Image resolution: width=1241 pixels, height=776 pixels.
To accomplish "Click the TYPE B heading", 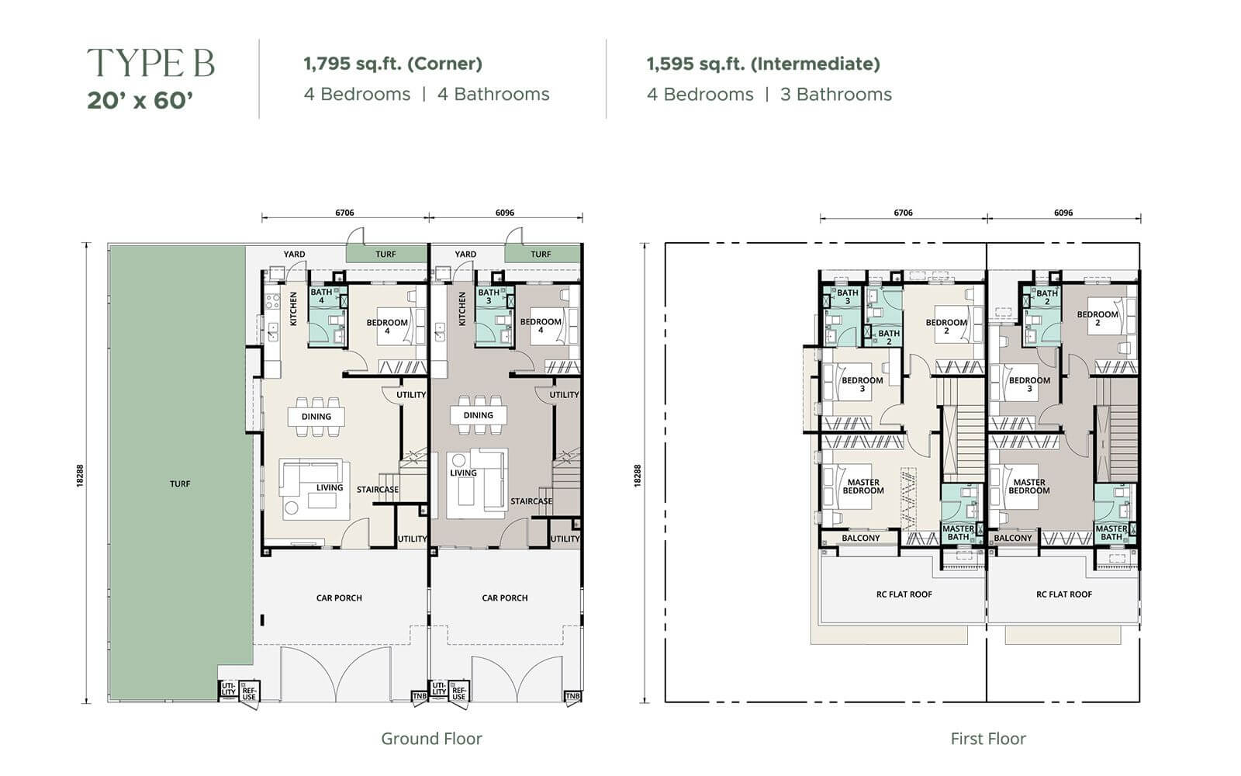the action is [150, 63].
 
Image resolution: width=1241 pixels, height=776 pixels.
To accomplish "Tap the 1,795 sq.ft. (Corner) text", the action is [392, 64].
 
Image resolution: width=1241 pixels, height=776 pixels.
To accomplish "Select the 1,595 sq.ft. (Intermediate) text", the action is [763, 64].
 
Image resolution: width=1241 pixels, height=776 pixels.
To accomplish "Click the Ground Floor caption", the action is [431, 738].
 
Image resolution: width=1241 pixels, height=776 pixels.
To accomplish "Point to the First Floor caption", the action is [988, 738].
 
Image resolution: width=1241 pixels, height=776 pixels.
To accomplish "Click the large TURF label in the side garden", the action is [180, 484].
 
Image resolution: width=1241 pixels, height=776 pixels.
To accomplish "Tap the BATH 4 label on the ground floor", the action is [321, 296].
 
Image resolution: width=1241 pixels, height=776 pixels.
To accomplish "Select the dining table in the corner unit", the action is [316, 417].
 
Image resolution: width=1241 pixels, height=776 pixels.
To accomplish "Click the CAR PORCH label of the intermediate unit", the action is [505, 598].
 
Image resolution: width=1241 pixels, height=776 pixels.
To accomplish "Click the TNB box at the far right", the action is [572, 696].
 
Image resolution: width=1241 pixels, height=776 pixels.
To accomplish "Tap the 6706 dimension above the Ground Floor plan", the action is [344, 213].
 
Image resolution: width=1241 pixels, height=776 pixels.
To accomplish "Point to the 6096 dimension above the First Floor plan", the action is [1063, 213].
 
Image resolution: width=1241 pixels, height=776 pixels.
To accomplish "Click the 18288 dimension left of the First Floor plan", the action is [637, 476].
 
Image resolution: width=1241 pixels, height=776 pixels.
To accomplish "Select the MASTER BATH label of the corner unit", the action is [958, 532].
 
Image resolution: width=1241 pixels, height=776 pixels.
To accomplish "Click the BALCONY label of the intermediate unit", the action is [1013, 539].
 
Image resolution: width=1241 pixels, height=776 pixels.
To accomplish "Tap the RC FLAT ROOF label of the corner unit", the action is [904, 594].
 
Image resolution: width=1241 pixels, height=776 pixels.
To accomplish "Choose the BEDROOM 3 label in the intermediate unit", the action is [1029, 384].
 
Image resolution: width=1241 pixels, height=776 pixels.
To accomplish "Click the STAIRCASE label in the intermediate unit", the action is [531, 501].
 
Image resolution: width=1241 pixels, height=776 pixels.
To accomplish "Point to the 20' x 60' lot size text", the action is [140, 101].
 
